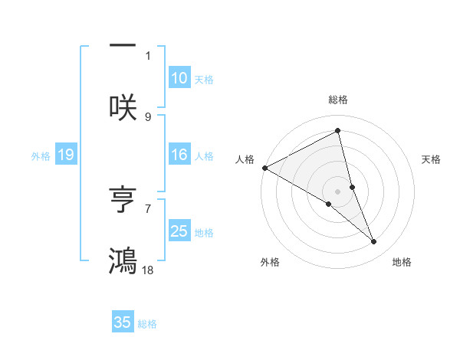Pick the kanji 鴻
tap(123, 260)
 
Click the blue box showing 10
tap(179, 78)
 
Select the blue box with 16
tap(179, 155)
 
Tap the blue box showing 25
tap(179, 231)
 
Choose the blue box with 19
tap(65, 155)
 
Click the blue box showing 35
tap(123, 322)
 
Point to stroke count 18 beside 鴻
tap(148, 270)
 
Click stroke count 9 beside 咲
tap(148, 116)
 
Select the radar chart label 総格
tap(338, 100)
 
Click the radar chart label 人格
tap(245, 159)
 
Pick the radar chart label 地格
tap(402, 263)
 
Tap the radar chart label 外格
tap(270, 263)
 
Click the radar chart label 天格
tap(431, 159)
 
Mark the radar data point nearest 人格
tap(264, 167)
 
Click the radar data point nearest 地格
tap(374, 242)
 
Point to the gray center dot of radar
tap(338, 191)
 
